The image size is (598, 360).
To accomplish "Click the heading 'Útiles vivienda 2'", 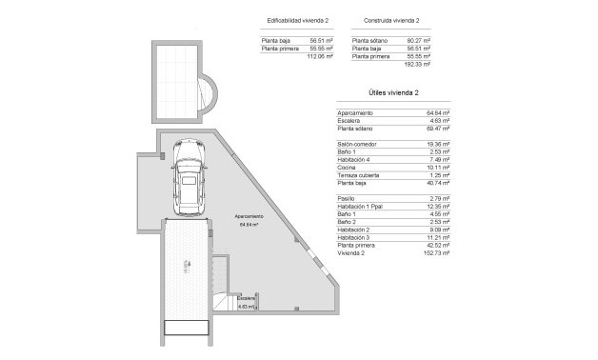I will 393,93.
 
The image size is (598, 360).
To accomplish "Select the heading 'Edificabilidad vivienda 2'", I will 300,19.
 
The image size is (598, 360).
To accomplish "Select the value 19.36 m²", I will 439,144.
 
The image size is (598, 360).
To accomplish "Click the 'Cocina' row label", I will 346,168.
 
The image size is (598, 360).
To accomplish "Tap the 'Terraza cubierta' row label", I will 358,175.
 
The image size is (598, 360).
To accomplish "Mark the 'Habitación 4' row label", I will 354,160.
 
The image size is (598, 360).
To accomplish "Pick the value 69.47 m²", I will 439,128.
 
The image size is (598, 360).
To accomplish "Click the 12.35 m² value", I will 439,207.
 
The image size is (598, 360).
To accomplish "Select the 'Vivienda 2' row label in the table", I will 350,253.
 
